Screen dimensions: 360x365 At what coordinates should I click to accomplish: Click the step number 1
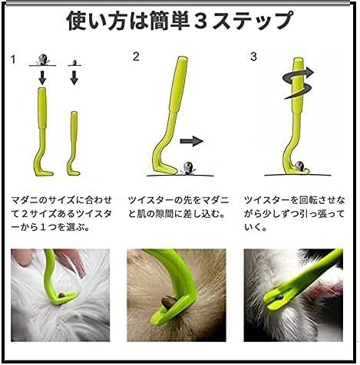(x=13, y=60)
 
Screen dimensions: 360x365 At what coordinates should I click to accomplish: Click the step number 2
(x=136, y=57)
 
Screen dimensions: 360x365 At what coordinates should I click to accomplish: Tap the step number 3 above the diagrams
(x=253, y=57)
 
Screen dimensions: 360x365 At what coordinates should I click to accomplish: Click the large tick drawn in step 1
(x=43, y=60)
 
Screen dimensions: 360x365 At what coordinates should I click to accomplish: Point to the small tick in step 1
(x=74, y=63)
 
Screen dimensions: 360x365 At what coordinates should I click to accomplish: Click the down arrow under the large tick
(x=42, y=77)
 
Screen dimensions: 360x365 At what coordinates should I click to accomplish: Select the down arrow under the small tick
(x=74, y=77)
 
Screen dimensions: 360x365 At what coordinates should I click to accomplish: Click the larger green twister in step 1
(x=42, y=132)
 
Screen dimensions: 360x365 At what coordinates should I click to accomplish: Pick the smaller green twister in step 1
(x=74, y=143)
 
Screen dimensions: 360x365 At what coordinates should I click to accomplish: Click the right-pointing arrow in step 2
(x=192, y=141)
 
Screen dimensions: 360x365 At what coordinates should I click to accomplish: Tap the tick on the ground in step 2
(x=188, y=169)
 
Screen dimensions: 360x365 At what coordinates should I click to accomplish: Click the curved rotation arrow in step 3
(x=299, y=83)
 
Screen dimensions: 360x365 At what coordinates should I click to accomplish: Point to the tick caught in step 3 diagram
(x=299, y=166)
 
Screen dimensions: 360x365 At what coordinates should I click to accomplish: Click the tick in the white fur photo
(x=62, y=295)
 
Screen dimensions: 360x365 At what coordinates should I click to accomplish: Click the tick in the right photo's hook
(x=279, y=297)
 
